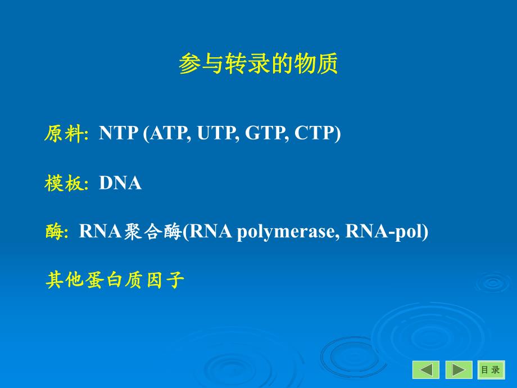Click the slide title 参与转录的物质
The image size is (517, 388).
[258, 65]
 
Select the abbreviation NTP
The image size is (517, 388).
[118, 134]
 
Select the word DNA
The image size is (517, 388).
[120, 183]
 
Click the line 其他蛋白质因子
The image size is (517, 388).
[115, 280]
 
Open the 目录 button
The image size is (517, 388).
[491, 369]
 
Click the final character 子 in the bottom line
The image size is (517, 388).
[176, 280]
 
